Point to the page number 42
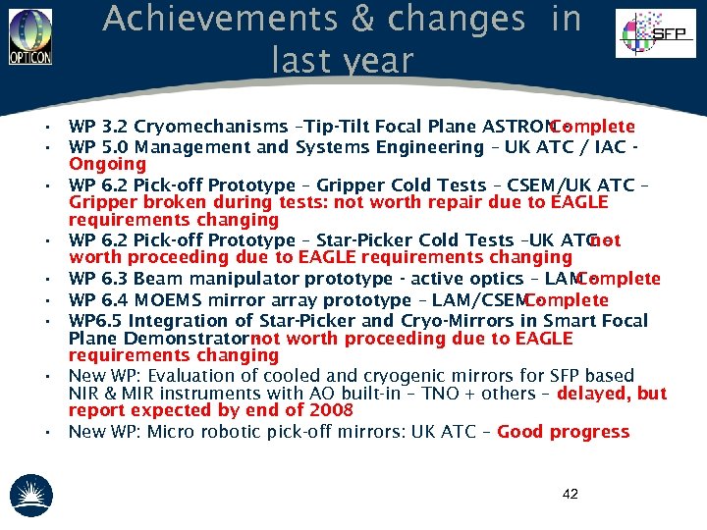[x=571, y=494]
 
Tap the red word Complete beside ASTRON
[x=593, y=127]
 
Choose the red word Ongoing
[x=107, y=164]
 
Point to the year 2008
[x=331, y=411]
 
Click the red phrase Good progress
[x=564, y=432]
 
